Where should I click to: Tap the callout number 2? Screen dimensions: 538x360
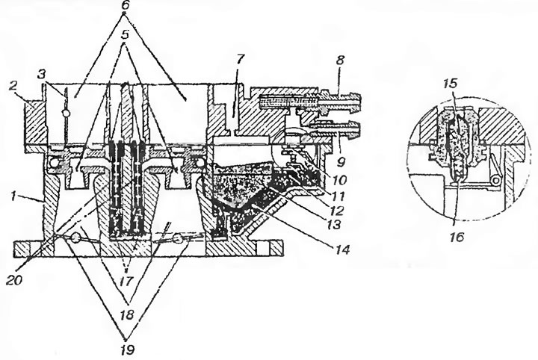13,87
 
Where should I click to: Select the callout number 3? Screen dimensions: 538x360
42,75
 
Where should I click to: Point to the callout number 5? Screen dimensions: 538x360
126,34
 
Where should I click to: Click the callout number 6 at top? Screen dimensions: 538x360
125,7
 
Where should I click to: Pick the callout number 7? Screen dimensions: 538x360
239,60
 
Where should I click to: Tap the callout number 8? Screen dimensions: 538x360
339,60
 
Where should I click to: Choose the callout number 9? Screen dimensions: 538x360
341,161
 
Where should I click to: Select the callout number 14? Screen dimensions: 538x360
342,249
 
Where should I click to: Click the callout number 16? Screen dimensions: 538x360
457,237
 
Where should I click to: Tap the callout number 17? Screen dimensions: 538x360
126,282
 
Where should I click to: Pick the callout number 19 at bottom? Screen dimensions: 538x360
126,350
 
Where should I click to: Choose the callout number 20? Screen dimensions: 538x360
14,280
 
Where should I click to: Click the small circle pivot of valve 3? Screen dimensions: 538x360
66,113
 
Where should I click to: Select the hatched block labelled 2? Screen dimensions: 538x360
34,122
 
